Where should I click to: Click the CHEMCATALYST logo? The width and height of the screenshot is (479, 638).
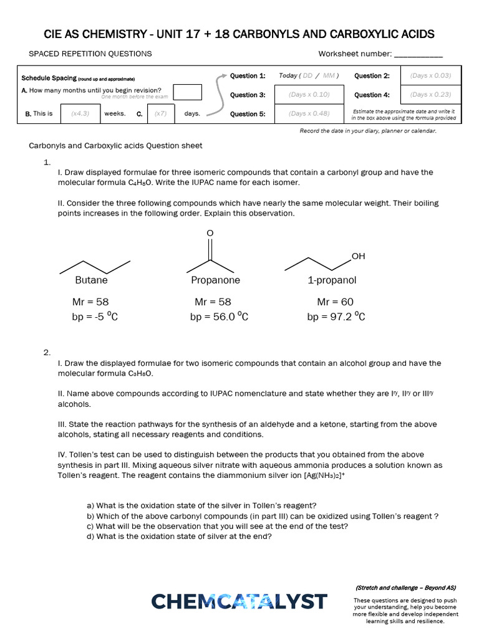pyautogui.click(x=239, y=601)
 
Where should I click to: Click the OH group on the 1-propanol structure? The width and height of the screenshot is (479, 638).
pyautogui.click(x=358, y=256)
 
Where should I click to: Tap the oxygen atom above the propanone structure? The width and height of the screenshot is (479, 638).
pyautogui.click(x=210, y=232)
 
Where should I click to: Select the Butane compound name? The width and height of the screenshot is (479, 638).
pyautogui.click(x=91, y=280)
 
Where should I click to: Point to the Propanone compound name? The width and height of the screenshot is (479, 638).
pyautogui.click(x=215, y=280)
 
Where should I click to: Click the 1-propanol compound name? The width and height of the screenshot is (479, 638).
pyautogui.click(x=332, y=280)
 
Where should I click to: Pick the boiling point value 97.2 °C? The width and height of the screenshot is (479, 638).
pyautogui.click(x=336, y=317)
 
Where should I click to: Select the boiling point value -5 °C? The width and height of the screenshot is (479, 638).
pyautogui.click(x=95, y=317)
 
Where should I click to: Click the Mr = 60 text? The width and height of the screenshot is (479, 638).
pyautogui.click(x=335, y=302)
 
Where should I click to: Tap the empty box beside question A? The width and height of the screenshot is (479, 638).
pyautogui.click(x=187, y=92)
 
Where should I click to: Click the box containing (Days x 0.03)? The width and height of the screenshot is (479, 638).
pyautogui.click(x=430, y=76)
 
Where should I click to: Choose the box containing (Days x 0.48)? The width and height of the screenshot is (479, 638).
pyautogui.click(x=309, y=113)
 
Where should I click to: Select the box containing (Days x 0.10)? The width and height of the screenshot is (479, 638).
pyautogui.click(x=309, y=95)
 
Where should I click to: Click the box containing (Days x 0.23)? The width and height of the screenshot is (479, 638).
pyautogui.click(x=430, y=95)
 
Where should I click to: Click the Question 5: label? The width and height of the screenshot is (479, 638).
pyautogui.click(x=248, y=113)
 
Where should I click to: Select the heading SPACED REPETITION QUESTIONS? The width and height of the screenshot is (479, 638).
pyautogui.click(x=90, y=54)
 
